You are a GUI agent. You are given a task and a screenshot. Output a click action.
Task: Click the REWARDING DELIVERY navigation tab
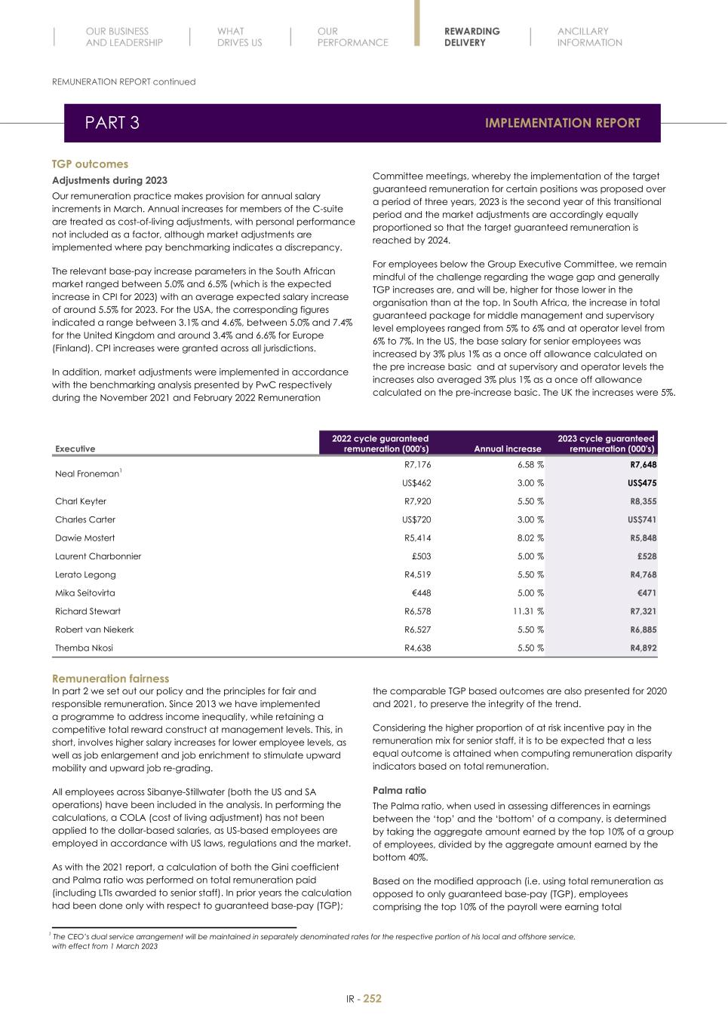point(472,37)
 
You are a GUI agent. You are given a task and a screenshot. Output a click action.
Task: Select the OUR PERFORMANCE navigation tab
point(352,37)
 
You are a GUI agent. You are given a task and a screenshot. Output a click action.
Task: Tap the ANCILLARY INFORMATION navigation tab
point(589,37)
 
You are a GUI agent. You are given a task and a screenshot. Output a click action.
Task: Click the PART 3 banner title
point(112,123)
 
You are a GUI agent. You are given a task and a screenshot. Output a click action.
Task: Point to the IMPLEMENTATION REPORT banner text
point(562,123)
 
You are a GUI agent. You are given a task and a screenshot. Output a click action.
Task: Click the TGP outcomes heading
point(90,164)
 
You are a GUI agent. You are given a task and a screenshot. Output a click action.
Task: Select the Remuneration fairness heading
point(110,678)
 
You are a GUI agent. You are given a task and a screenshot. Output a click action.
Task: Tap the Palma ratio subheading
point(399,790)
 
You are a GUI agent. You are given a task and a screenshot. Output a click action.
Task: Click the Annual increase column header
point(507,449)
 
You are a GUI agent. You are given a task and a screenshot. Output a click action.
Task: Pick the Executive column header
point(75,449)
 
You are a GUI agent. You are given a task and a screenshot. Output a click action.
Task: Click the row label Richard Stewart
point(88,611)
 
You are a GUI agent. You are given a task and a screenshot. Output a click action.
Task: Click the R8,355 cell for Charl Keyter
point(643,501)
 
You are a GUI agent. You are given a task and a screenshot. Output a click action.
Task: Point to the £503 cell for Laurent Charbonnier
point(421,556)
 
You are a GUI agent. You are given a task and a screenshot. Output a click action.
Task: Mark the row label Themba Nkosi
point(84,648)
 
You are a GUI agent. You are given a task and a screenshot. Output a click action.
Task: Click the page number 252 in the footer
point(372,998)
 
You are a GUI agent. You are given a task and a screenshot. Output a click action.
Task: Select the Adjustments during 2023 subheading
point(109,180)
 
